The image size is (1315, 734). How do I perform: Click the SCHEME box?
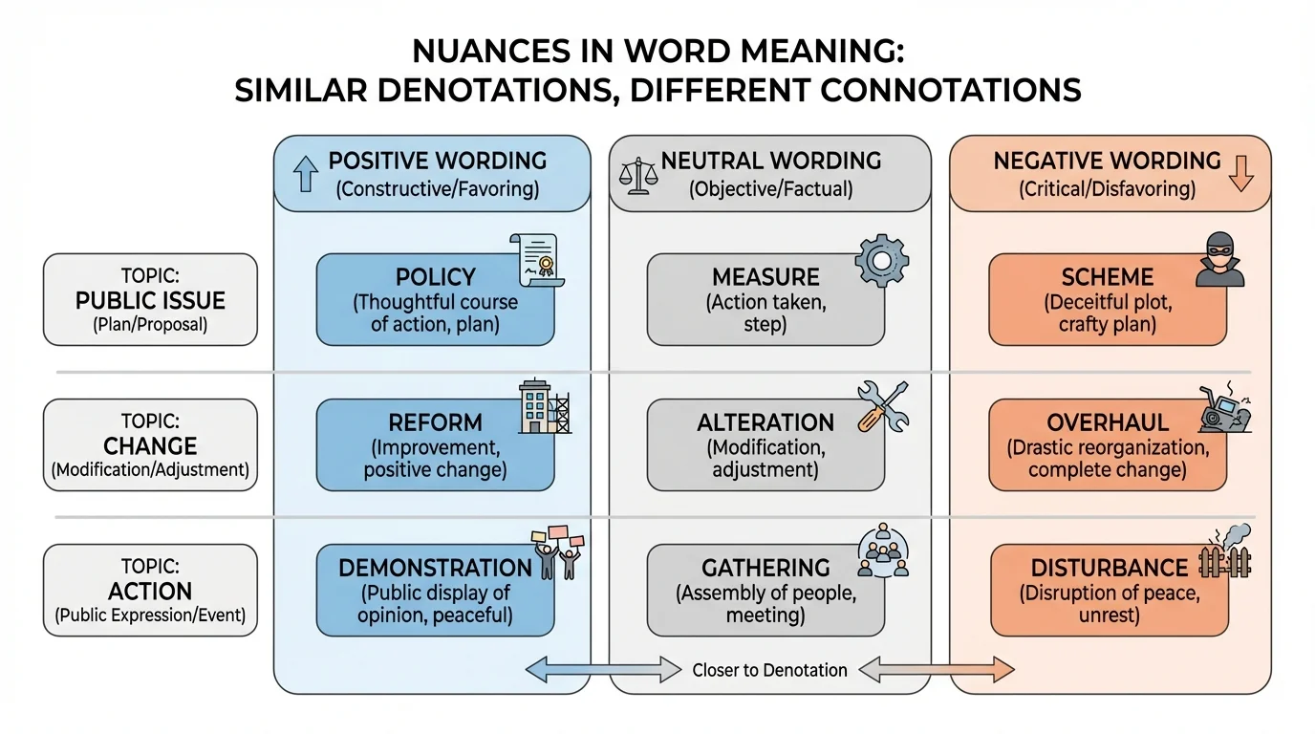point(1107,299)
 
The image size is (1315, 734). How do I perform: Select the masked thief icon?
point(1220,259)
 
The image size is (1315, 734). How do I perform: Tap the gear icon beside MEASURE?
point(880,259)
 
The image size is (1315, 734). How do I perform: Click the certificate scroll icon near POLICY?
point(538,259)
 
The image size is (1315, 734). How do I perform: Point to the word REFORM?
point(435,422)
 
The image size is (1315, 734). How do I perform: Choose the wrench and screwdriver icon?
point(881,406)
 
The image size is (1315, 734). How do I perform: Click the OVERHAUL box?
point(1107,444)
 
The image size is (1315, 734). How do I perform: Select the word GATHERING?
point(765,568)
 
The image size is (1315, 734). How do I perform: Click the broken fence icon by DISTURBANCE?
point(1224,553)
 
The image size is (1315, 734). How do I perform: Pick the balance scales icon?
point(636,176)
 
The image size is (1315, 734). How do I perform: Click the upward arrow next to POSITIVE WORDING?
point(306,175)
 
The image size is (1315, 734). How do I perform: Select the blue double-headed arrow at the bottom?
point(604,670)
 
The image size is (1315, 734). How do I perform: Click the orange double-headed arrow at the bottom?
point(936,670)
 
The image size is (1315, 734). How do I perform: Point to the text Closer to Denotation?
point(769,670)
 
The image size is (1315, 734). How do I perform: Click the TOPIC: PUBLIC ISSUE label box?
point(150,299)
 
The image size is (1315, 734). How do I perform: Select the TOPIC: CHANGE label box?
point(150,444)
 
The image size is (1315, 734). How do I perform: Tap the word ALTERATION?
point(765,422)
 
